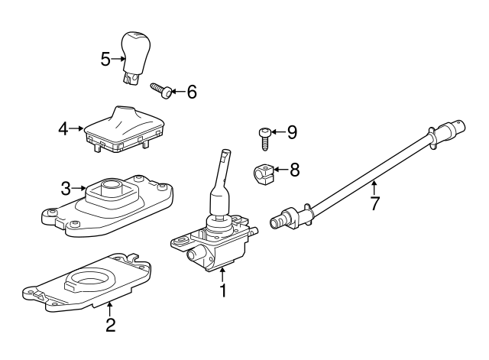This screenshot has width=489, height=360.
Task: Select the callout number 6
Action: pyautogui.click(x=191, y=92)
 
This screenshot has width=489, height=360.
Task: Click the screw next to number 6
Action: pyautogui.click(x=161, y=90)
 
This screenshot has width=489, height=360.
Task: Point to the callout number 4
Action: pyautogui.click(x=64, y=128)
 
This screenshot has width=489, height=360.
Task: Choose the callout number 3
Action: pyautogui.click(x=66, y=186)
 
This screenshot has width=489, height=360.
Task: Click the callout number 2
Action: pyautogui.click(x=110, y=326)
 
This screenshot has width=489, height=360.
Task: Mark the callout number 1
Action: pyautogui.click(x=223, y=290)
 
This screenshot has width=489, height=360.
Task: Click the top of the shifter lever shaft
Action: pyautogui.click(x=224, y=156)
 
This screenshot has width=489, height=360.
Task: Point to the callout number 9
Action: pyautogui.click(x=291, y=132)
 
